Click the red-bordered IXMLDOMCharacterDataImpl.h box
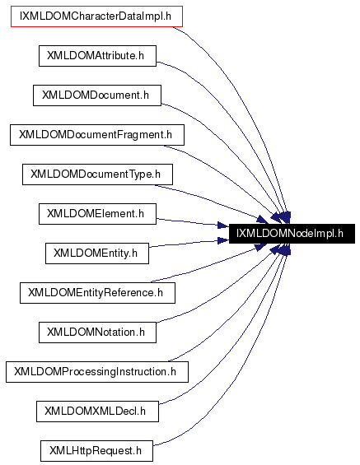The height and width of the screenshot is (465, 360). coord(96,16)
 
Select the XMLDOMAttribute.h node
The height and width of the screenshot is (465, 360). coord(96,55)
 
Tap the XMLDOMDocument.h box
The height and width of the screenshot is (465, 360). coord(96,95)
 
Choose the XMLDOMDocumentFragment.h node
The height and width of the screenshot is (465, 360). coord(96,134)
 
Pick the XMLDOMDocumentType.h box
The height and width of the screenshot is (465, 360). coord(96,174)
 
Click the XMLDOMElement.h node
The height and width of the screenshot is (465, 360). coord(96,213)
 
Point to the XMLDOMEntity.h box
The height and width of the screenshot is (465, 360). coord(96,253)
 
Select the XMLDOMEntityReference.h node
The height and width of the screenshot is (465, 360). coord(96,292)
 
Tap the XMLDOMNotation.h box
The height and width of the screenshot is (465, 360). coord(96,332)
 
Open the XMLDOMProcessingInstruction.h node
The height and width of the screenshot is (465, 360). coord(96,371)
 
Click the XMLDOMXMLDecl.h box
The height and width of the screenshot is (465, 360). coord(96,411)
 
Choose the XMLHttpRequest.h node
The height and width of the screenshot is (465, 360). coord(96,450)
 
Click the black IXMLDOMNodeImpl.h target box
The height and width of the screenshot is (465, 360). coord(294,234)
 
